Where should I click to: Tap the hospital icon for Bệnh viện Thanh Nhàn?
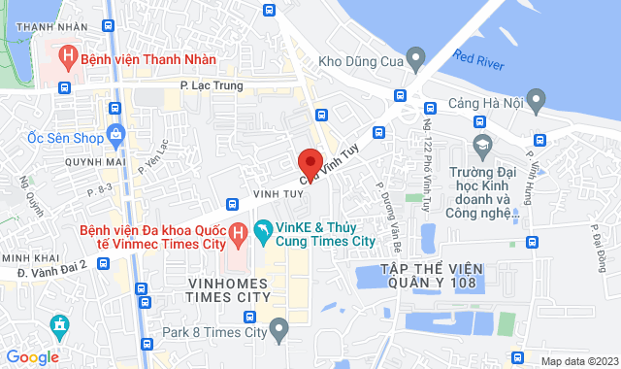pyautogui.click(x=67, y=57)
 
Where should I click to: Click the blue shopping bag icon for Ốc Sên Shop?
pyautogui.click(x=115, y=133)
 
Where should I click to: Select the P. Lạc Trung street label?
pyautogui.click(x=212, y=86)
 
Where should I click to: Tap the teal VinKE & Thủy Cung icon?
pyautogui.click(x=261, y=231)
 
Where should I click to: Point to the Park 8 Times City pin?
pyautogui.click(x=279, y=333)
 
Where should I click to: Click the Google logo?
pyautogui.click(x=32, y=356)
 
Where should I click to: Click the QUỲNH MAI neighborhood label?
pyautogui.click(x=92, y=162)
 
